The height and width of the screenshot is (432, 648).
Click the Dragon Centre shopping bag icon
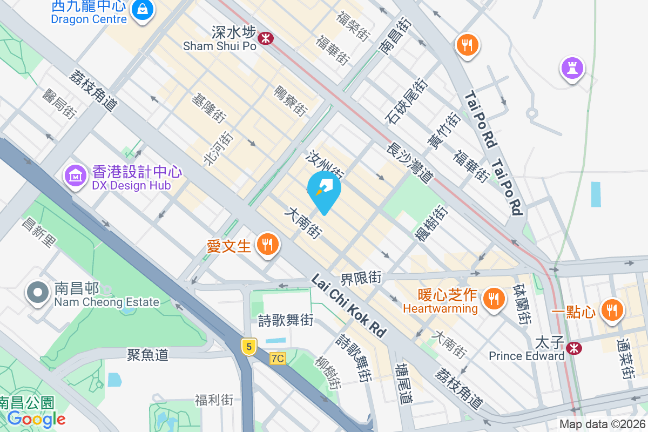click(x=142, y=9)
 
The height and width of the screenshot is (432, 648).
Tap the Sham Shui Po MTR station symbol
click(x=265, y=38)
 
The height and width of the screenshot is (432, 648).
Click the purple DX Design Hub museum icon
click(x=76, y=175)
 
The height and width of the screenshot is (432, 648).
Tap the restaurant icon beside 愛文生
click(x=267, y=245)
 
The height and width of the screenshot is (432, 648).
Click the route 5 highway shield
click(x=248, y=347)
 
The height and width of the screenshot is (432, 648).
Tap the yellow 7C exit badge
click(x=278, y=359)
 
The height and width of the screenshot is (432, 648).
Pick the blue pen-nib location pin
click(x=324, y=189)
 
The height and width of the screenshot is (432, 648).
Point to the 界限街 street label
click(x=361, y=279)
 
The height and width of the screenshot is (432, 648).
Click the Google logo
click(x=37, y=418)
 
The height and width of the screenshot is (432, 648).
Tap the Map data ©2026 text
click(x=602, y=424)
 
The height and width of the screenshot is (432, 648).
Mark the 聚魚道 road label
click(x=148, y=355)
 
